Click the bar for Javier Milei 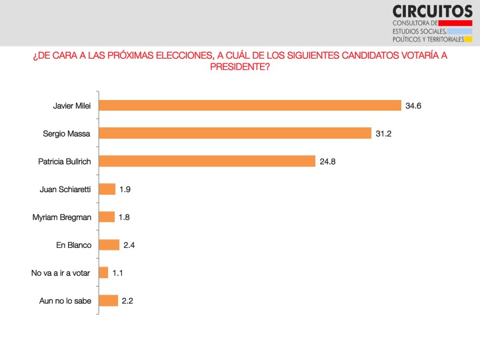click(250, 105)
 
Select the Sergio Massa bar click(235, 133)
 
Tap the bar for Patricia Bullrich click(207, 161)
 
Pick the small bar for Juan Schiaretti click(107, 189)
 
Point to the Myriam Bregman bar click(107, 217)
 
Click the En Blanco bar click(109, 245)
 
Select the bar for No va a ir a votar click(103, 273)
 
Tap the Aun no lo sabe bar click(108, 300)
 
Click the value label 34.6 click(413, 105)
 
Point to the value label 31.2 click(383, 133)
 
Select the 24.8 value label click(327, 161)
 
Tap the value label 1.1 click(118, 273)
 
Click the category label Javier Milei click(71, 105)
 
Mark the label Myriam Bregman click(61, 217)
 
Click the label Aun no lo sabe click(65, 301)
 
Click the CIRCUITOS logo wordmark click(433, 11)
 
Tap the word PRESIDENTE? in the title click(240, 67)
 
